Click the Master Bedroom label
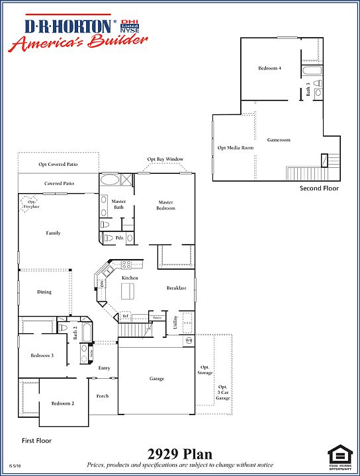(x=165, y=205)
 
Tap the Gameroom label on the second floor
(x=279, y=140)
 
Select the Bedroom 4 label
(x=270, y=68)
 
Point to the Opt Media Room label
(x=236, y=148)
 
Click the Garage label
(x=157, y=379)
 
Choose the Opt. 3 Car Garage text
(x=224, y=392)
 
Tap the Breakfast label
(x=176, y=288)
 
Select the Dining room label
(x=44, y=292)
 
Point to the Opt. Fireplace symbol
(x=28, y=204)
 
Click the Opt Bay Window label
(x=165, y=159)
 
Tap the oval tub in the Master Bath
(x=109, y=180)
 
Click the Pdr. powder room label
(x=120, y=237)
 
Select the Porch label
(x=103, y=396)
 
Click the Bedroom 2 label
(x=63, y=403)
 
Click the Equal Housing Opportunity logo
(x=340, y=456)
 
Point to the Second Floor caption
(x=319, y=188)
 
